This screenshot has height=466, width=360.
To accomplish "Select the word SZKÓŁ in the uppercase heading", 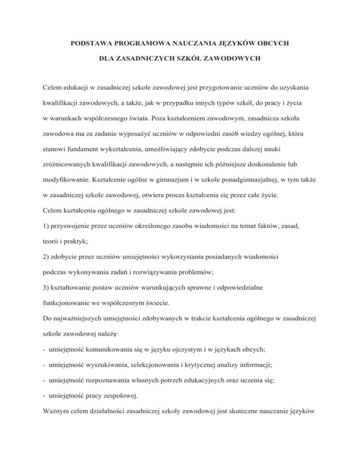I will click(185, 60).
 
